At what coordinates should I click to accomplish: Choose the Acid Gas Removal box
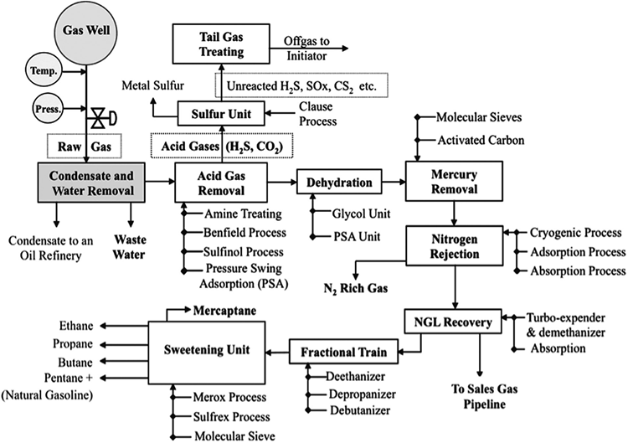(220, 182)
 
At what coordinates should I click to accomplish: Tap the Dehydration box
(338, 180)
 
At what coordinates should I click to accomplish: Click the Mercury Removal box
(454, 182)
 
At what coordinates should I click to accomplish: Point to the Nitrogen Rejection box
(454, 246)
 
